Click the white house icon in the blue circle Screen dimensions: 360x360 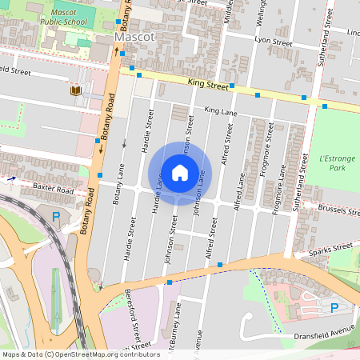pyautogui.click(x=180, y=173)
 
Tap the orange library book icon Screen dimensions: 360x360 pyautogui.click(x=75, y=92)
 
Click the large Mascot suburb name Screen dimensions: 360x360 pyautogui.click(x=134, y=37)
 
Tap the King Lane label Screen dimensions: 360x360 pyautogui.click(x=222, y=110)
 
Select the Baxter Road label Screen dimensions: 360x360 pyautogui.click(x=53, y=191)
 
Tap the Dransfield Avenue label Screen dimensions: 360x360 pyautogui.click(x=323, y=333)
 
